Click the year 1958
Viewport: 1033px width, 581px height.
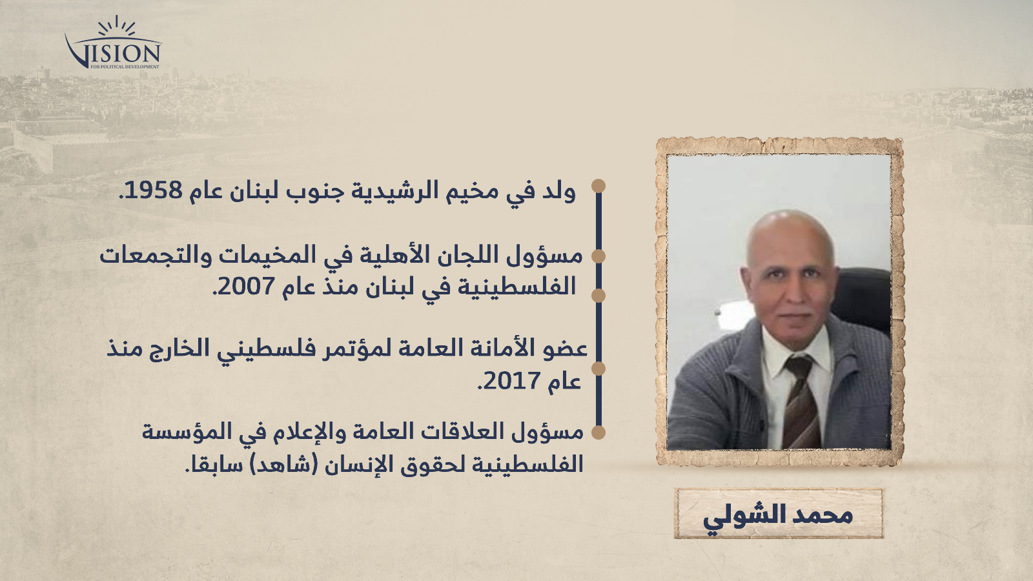click(x=153, y=190)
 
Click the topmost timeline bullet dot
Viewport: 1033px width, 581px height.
click(x=598, y=186)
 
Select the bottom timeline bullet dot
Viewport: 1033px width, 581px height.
click(x=598, y=432)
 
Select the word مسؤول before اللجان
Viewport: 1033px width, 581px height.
click(x=545, y=256)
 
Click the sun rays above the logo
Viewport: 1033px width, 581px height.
click(x=117, y=26)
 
